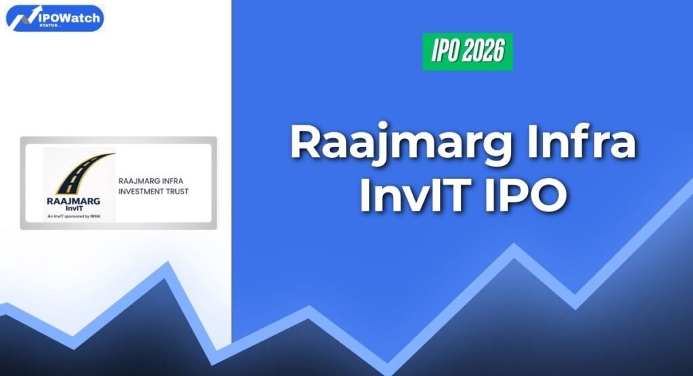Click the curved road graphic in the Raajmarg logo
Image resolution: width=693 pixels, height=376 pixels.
point(79,173)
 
